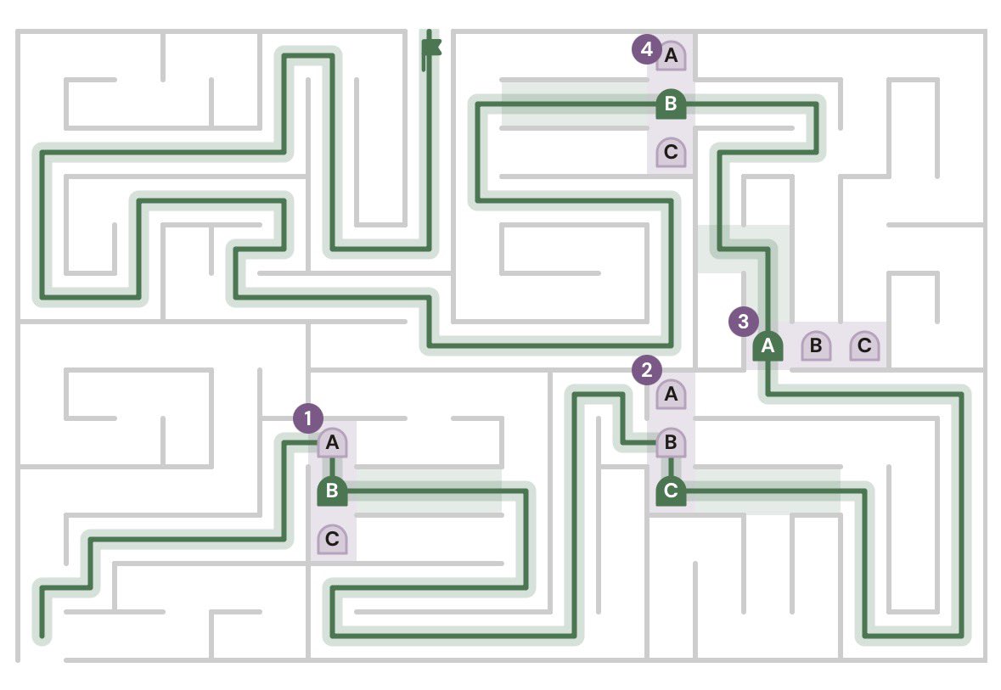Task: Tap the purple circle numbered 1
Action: (308, 418)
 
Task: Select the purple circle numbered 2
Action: (647, 370)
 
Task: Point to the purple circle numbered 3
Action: (744, 322)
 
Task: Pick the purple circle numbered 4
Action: (647, 49)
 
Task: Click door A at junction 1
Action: (333, 442)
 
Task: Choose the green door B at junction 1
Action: (333, 491)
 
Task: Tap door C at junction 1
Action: (333, 540)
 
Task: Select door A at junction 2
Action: (671, 394)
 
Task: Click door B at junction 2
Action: (671, 442)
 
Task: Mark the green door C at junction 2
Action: (671, 491)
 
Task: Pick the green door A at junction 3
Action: (768, 346)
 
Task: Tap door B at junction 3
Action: (817, 346)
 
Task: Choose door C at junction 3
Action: (865, 346)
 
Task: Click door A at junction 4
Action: (671, 55)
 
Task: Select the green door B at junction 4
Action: (671, 104)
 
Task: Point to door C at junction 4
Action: (671, 153)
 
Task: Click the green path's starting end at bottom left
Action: (42, 636)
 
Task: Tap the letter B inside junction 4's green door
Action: (671, 104)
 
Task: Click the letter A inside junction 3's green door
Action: (768, 345)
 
